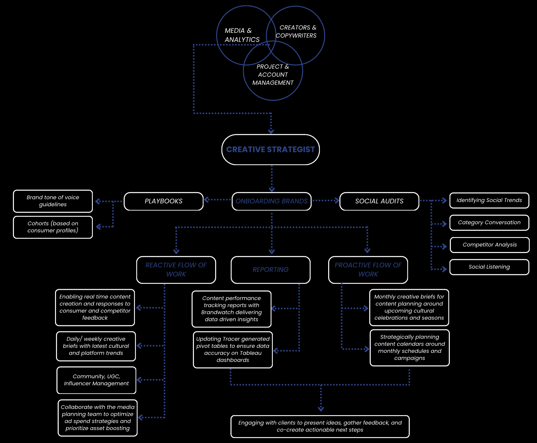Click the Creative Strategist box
pos(270,150)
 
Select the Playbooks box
pos(163,201)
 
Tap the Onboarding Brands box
pos(271,201)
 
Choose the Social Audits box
pos(379,201)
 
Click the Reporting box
pos(270,270)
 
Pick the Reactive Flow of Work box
pos(176,270)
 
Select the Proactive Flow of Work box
pos(368,270)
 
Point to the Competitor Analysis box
pos(490,245)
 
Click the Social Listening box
pos(489,267)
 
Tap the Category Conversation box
pos(489,223)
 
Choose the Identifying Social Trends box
pos(489,201)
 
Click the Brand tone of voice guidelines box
pos(53,201)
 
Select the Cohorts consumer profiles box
pos(53,227)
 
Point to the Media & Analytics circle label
pos(242,35)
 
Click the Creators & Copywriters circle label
pos(296,32)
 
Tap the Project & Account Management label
pos(273,75)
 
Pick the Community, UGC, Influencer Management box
pos(96,380)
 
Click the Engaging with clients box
pos(320,426)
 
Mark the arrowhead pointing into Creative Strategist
pos(271,132)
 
